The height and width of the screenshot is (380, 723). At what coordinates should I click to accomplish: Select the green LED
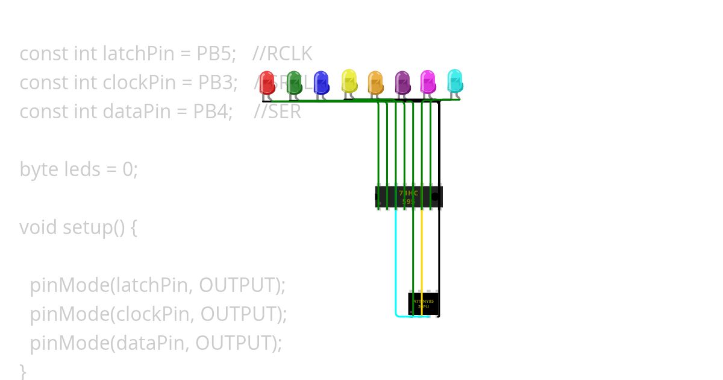(x=293, y=83)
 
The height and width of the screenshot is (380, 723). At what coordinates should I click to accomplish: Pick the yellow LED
(x=349, y=81)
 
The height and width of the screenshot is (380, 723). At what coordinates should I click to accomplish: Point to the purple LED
(x=402, y=83)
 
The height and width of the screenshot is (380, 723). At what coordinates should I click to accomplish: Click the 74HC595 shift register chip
(x=408, y=197)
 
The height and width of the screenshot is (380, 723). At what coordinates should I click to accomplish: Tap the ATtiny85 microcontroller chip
(x=424, y=303)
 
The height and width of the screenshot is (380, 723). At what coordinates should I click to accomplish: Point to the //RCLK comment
(x=283, y=54)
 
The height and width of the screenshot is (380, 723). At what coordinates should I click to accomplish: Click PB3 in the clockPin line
(x=218, y=83)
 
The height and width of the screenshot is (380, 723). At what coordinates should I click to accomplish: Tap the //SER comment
(x=277, y=112)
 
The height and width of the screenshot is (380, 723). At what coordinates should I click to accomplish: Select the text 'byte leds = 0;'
(x=79, y=169)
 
